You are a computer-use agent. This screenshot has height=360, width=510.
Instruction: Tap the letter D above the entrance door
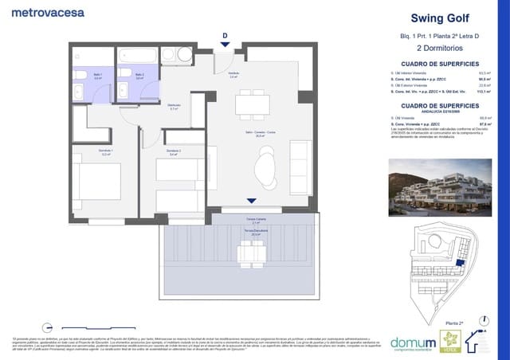tap(226, 35)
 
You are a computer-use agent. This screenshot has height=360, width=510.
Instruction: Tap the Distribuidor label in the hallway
tap(173, 107)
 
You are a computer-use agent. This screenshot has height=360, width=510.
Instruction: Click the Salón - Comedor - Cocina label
tap(255, 135)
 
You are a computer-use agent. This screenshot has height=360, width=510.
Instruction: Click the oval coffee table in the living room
tap(264, 168)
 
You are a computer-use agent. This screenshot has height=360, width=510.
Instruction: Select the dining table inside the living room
tap(251, 103)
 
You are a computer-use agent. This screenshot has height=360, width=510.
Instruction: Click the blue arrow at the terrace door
tap(252, 202)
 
